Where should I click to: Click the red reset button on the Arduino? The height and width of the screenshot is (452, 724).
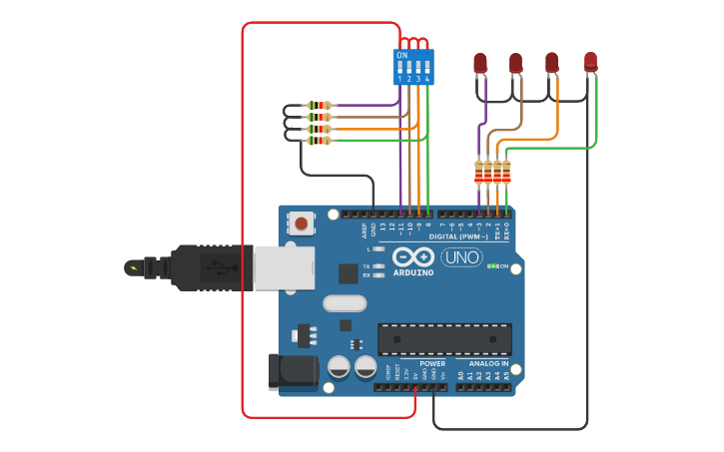(x=301, y=224)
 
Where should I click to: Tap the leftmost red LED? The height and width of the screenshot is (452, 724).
(x=479, y=64)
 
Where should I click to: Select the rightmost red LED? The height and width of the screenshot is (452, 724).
(x=590, y=61)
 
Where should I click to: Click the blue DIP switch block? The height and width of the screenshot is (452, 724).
(x=413, y=67)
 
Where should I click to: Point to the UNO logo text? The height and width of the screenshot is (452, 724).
(x=461, y=257)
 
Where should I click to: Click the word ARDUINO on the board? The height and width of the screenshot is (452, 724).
(x=412, y=272)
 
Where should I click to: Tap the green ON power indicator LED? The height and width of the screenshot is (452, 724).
(x=490, y=266)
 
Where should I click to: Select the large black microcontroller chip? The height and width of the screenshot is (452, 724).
(x=444, y=339)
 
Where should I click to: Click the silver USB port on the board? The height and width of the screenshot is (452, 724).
(x=284, y=267)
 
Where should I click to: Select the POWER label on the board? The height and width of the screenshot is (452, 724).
(x=432, y=364)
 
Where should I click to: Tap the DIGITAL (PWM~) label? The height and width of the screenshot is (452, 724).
(x=458, y=236)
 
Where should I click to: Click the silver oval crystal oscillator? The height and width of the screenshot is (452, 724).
(x=345, y=302)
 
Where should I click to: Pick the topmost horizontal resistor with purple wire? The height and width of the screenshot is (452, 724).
(x=319, y=105)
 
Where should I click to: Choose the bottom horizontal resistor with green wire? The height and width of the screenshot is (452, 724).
(x=319, y=141)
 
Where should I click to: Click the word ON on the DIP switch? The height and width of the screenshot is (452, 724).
(x=401, y=55)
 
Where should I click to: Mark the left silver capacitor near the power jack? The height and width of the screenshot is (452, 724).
(x=339, y=367)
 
